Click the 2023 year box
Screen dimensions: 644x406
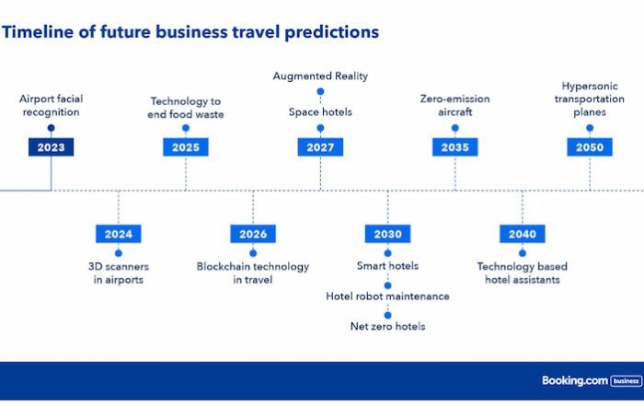51,147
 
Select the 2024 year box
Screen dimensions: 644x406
119,234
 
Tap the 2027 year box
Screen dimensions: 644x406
320,147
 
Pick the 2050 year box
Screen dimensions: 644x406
590,147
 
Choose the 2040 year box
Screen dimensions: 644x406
523,234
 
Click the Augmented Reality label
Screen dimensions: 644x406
320,76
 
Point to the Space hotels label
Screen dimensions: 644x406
320,111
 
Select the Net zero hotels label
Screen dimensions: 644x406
387,326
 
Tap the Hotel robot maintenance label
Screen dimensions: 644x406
387,296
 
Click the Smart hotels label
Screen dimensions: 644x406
387,266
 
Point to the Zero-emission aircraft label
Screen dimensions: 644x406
455,105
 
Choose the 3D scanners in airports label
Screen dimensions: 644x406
119,273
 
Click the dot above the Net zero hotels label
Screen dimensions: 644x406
387,315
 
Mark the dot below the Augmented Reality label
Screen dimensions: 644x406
320,91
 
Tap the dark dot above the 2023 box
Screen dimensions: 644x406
51,128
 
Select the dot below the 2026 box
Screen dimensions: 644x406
253,253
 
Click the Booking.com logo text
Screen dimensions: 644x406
575,380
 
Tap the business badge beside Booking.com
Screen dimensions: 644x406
627,381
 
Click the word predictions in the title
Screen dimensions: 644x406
331,32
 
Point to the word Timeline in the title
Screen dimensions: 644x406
38,32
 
